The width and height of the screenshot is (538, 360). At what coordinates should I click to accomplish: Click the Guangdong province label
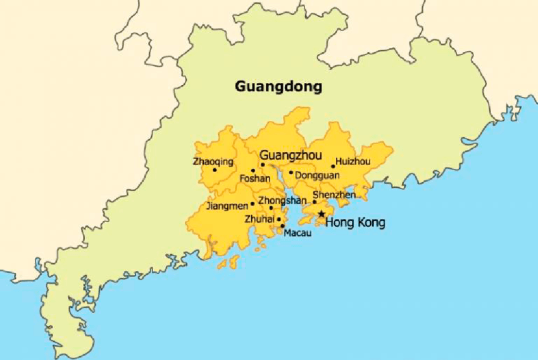pyautogui.click(x=278, y=85)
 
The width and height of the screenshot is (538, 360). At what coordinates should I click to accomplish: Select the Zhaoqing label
pyautogui.click(x=213, y=161)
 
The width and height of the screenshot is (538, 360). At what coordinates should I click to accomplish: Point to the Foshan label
pyautogui.click(x=255, y=179)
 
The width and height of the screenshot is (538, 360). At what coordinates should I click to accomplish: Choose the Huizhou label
pyautogui.click(x=353, y=161)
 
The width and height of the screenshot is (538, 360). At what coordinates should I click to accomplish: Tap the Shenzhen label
pyautogui.click(x=334, y=195)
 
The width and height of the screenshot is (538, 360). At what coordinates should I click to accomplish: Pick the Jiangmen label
pyautogui.click(x=227, y=206)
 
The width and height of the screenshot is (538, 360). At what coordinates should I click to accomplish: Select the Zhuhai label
pyautogui.click(x=259, y=219)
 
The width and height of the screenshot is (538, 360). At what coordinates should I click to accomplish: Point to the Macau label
pyautogui.click(x=297, y=233)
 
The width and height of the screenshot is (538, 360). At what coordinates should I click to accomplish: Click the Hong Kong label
pyautogui.click(x=354, y=223)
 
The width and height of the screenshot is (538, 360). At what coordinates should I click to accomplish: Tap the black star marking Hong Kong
pyautogui.click(x=322, y=214)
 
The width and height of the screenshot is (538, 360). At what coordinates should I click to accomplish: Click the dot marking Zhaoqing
pyautogui.click(x=215, y=170)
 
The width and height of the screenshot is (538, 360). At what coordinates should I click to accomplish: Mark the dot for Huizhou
pyautogui.click(x=333, y=167)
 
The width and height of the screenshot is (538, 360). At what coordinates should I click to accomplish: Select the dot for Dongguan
pyautogui.click(x=291, y=172)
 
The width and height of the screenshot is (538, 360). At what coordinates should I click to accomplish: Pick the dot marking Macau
pyautogui.click(x=282, y=225)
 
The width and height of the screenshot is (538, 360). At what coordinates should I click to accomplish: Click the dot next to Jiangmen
pyautogui.click(x=253, y=204)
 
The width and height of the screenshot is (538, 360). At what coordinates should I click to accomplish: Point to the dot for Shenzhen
pyautogui.click(x=315, y=202)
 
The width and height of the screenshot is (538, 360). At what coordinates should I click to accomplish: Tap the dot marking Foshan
pyautogui.click(x=253, y=170)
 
